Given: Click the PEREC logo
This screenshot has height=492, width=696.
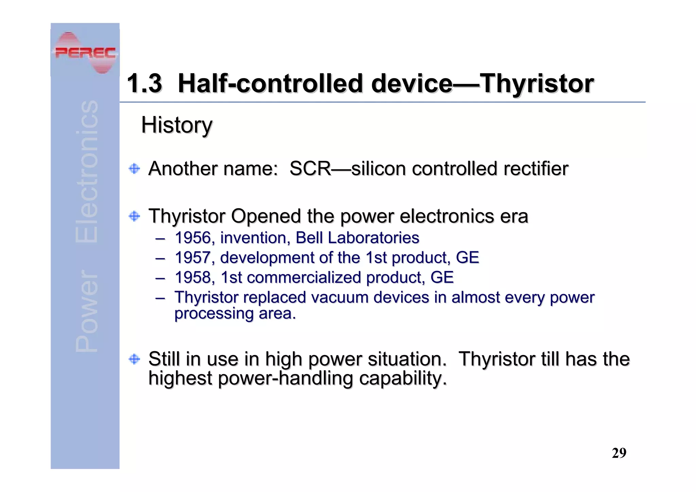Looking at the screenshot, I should [x=85, y=53].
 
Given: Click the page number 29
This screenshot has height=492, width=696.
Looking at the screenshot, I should [x=619, y=453].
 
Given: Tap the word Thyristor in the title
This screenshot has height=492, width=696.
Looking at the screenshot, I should [x=537, y=84].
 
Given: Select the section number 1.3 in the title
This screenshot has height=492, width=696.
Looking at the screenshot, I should [x=144, y=84].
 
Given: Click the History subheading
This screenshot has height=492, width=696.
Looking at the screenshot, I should [x=177, y=125].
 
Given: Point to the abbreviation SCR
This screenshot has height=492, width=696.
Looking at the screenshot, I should [x=310, y=169].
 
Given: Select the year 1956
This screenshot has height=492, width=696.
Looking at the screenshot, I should [x=193, y=238].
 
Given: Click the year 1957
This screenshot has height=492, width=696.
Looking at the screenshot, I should [x=193, y=258].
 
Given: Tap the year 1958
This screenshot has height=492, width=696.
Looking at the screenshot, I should [x=193, y=277].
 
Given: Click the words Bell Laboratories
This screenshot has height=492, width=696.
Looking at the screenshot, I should [x=357, y=238].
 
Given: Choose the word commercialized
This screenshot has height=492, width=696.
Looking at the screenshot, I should [x=304, y=277].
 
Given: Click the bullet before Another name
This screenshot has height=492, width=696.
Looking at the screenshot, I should [x=135, y=169].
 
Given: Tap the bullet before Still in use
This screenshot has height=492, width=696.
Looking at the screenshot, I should [x=135, y=359].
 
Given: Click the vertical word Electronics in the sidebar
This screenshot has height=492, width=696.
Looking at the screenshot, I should [x=86, y=172].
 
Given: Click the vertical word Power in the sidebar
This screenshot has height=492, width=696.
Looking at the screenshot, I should [x=86, y=311].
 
